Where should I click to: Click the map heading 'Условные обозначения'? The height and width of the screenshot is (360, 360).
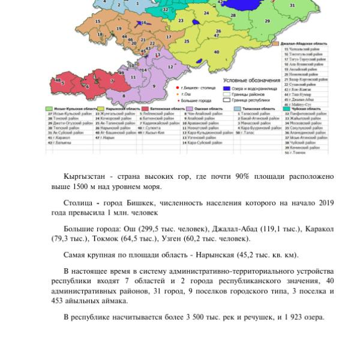[x=251, y=80]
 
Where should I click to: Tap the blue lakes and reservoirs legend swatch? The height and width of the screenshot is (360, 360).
[x=227, y=88]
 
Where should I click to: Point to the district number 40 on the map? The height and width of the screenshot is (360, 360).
[x=216, y=52]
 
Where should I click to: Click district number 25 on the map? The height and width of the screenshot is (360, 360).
[x=187, y=41]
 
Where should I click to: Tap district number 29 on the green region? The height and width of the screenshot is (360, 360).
[x=267, y=20]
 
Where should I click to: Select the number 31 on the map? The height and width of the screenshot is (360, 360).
[x=309, y=5]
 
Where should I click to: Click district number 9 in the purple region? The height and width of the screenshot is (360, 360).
[x=154, y=86]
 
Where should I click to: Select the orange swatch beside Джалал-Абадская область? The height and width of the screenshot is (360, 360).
[x=275, y=43]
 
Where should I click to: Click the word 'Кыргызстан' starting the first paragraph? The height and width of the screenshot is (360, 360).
[x=85, y=176]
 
